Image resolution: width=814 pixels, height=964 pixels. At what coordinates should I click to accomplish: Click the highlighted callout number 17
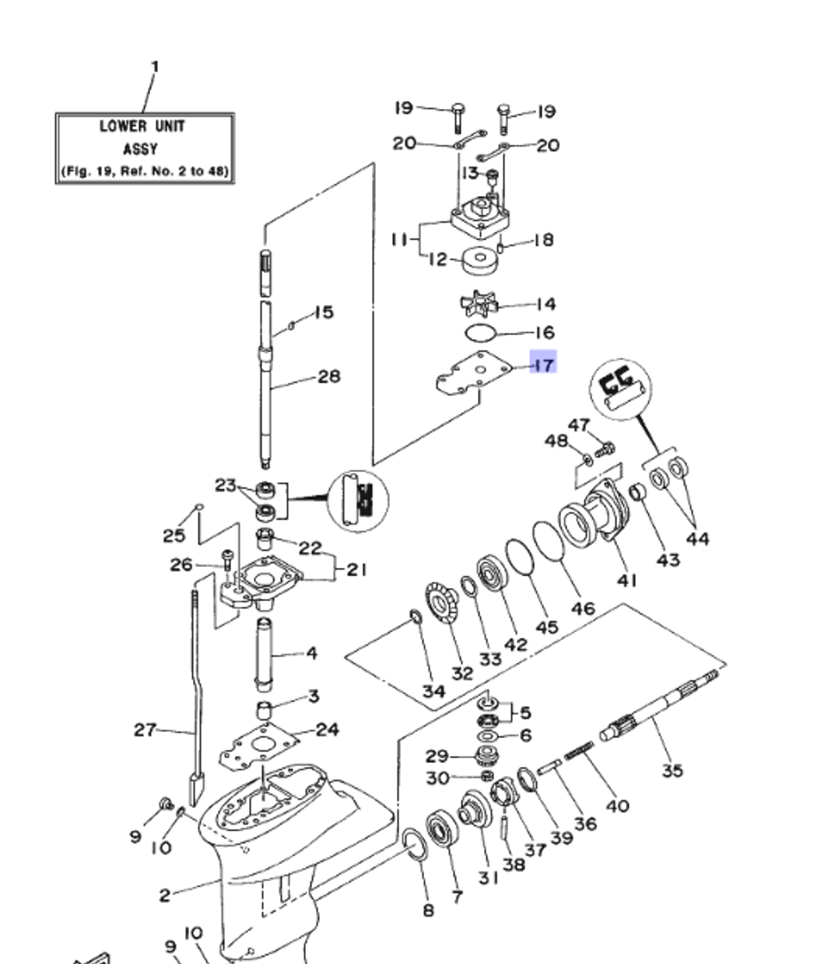pyautogui.click(x=543, y=364)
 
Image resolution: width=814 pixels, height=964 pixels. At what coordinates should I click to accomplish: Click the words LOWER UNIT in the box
pyautogui.click(x=142, y=127)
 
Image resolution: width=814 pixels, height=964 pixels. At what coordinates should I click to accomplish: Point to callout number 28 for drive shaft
pyautogui.click(x=329, y=377)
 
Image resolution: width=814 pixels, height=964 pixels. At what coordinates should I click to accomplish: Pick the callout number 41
pyautogui.click(x=627, y=579)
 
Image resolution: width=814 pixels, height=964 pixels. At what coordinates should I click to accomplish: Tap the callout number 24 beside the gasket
pyautogui.click(x=326, y=729)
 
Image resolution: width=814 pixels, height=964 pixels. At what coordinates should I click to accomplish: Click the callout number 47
pyautogui.click(x=579, y=425)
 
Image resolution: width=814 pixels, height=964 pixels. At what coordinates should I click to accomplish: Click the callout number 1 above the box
pyautogui.click(x=155, y=66)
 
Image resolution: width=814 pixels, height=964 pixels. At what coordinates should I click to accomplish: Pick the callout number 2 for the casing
pyautogui.click(x=164, y=895)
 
